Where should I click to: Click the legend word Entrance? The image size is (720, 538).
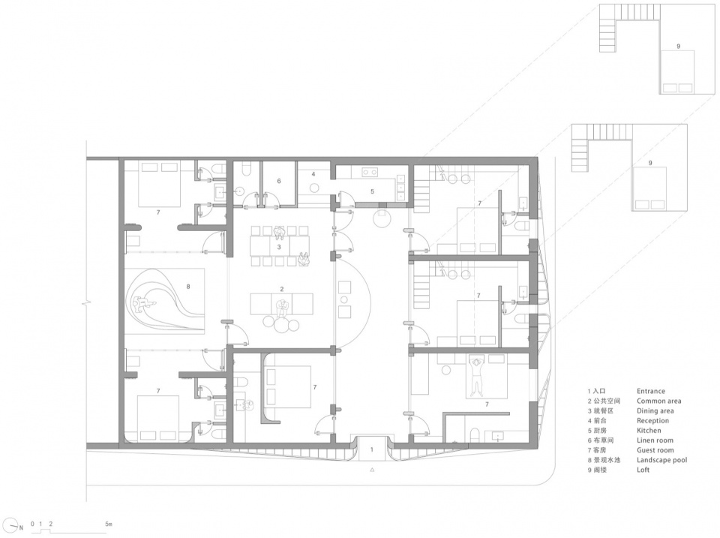pos(651,392)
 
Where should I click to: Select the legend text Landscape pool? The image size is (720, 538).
pos(661,460)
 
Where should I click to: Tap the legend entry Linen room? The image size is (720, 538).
pos(655,440)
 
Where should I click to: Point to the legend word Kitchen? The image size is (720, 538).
pos(649,431)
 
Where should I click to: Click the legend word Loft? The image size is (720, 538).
pos(643,470)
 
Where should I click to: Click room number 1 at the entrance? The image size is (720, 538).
pos(373,449)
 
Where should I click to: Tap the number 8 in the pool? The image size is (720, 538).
pos(188,287)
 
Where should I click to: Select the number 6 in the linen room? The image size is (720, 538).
pos(279,181)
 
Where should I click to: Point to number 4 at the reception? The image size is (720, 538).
pos(313,174)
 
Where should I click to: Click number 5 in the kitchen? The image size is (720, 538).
pos(373,191)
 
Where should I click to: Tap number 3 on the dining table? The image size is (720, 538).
pos(279,247)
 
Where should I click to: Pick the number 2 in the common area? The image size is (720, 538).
pos(282,290)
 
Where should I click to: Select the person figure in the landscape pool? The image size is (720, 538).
pos(144,303)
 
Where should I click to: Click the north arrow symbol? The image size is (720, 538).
pos(16,527)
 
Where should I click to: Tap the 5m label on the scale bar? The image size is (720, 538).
pos(108,524)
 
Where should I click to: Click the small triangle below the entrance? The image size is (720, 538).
pos(373,470)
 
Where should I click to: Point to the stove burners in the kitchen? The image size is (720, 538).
pos(370,173)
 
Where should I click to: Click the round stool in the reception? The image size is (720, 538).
pos(314,187)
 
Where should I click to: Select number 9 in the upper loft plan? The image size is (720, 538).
pos(678,47)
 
